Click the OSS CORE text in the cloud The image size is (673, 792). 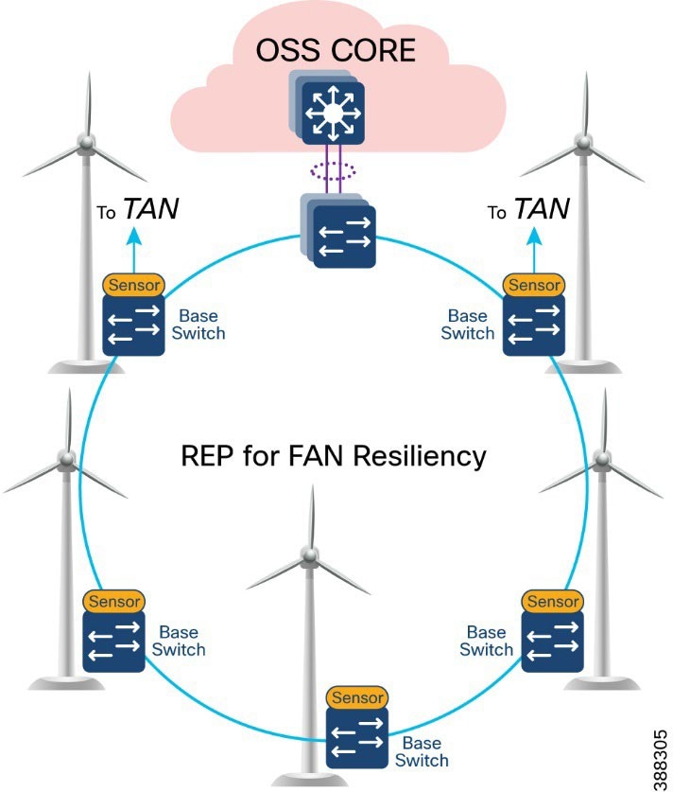pos(337,48)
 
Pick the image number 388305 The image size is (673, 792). pos(659,756)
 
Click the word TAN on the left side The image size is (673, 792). pos(152,211)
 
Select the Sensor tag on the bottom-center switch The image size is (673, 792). pos(357,697)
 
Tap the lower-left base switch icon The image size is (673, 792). pos(113,642)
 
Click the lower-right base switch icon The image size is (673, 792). pos(553,641)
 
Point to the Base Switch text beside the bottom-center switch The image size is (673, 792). pos(422,751)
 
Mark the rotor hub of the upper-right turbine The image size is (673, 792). pos(585,141)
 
